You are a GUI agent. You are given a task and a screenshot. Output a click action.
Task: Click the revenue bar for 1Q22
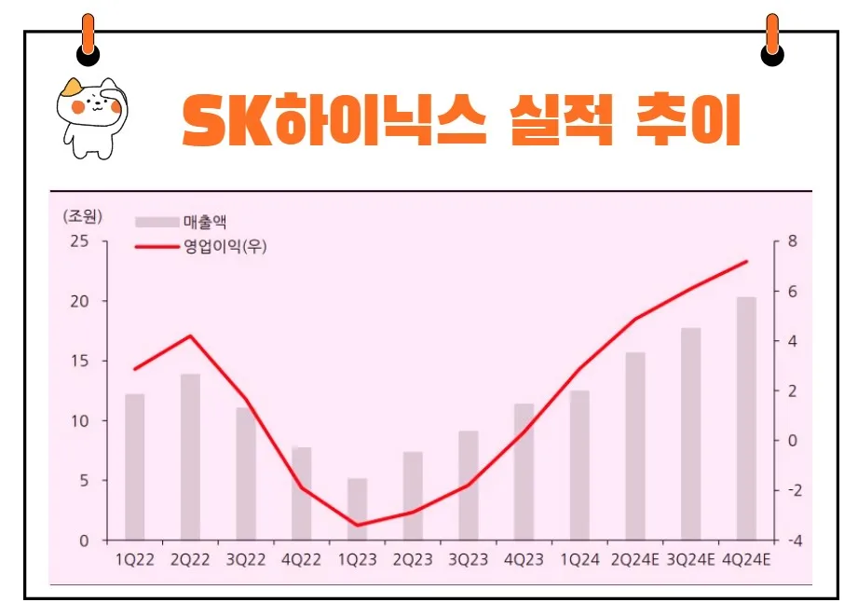135,466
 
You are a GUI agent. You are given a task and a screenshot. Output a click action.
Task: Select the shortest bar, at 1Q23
358,509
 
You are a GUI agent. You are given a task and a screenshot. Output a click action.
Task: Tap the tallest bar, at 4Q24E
746,418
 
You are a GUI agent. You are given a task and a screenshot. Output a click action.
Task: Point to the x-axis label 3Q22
246,559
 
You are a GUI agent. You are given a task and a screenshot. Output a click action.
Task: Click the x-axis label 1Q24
579,559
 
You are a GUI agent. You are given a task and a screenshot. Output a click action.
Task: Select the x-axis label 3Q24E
690,559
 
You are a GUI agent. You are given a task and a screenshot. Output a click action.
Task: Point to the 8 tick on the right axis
792,241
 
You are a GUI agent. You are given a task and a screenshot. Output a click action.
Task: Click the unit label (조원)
83,216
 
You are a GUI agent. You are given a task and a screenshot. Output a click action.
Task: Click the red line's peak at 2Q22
190,335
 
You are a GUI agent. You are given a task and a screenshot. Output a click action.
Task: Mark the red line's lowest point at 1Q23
358,526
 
